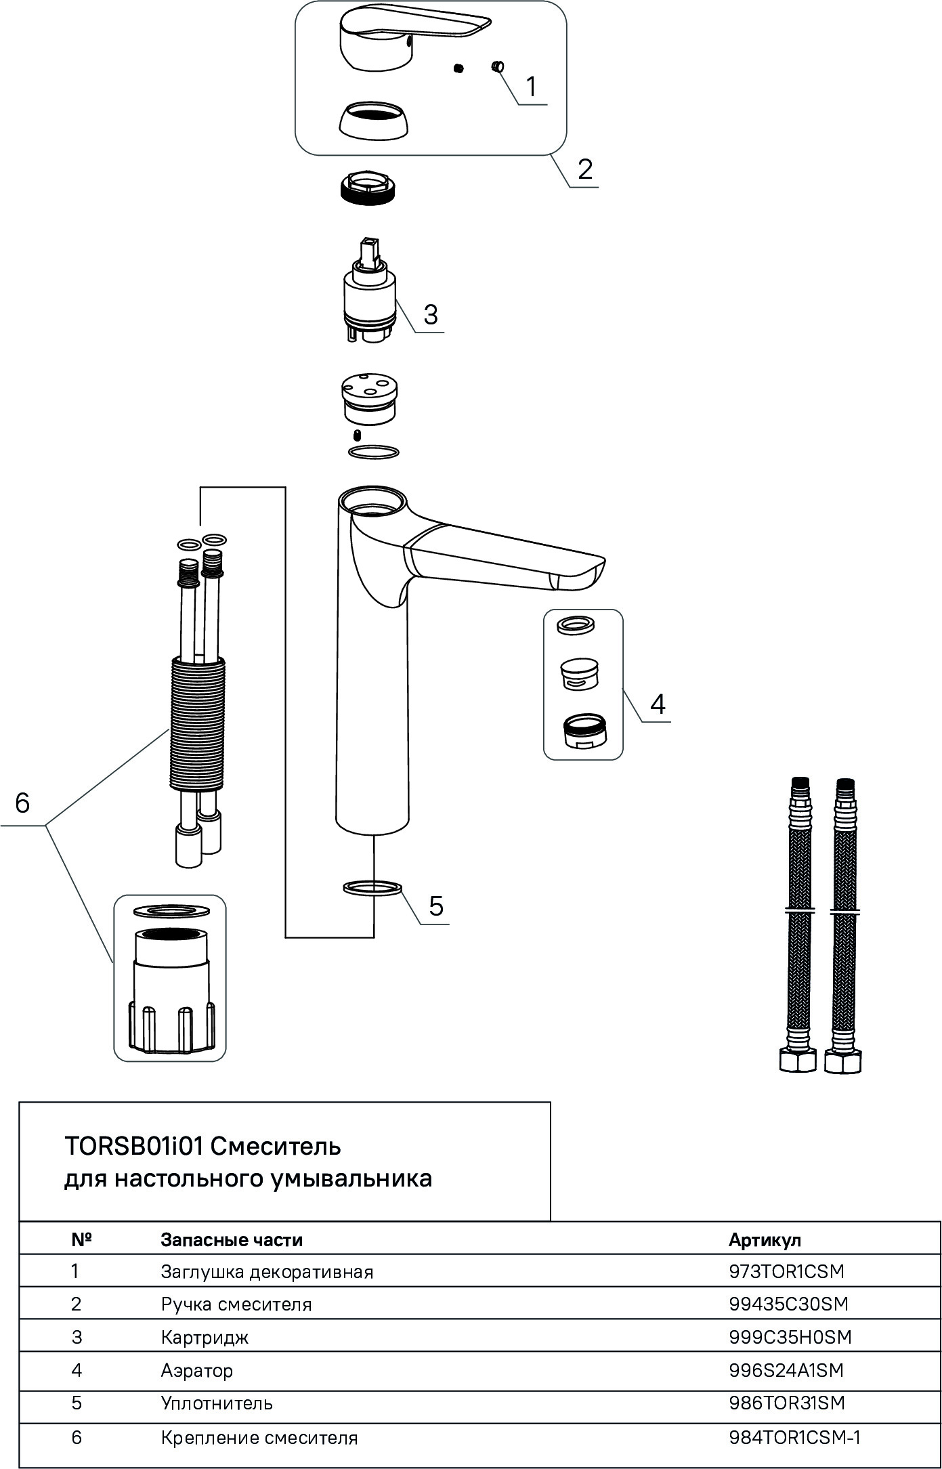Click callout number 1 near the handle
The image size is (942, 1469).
531,87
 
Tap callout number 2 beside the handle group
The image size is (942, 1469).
585,169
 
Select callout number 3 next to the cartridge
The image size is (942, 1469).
431,314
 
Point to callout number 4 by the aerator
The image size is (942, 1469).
658,704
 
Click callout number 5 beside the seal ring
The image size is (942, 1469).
436,906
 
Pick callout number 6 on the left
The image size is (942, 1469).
22,803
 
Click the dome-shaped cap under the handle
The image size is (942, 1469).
374,123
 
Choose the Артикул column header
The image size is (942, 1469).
765,1239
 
